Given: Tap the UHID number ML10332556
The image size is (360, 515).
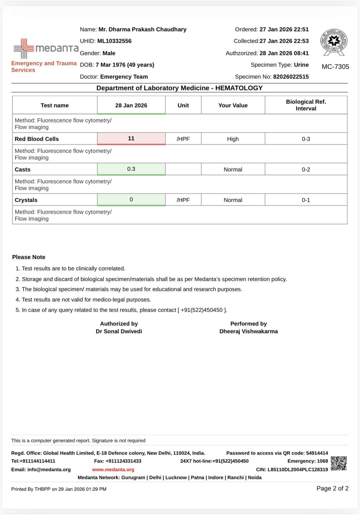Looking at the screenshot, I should [x=114, y=41].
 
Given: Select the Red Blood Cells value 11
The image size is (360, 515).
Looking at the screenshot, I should [x=131, y=139].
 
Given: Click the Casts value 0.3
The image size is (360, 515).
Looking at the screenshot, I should [x=131, y=169].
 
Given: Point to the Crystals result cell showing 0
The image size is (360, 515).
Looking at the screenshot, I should [x=131, y=200].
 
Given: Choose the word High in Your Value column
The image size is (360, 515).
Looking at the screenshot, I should [x=233, y=139].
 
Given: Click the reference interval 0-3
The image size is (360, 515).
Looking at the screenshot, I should [x=306, y=139].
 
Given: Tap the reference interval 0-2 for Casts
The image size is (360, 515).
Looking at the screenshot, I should [x=306, y=169].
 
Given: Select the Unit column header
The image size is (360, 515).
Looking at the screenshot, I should [x=183, y=105].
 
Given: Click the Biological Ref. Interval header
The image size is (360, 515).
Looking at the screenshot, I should [x=306, y=105].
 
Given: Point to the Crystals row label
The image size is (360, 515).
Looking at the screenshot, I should [x=26, y=200].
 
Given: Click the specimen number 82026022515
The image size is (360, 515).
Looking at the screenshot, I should [x=291, y=77].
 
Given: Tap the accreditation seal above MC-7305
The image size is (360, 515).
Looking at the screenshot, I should [x=334, y=42].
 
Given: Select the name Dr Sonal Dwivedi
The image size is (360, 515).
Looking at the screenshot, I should [x=119, y=331].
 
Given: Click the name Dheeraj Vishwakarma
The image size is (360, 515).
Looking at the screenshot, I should [x=249, y=331].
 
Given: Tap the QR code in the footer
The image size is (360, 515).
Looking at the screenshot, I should [x=339, y=463].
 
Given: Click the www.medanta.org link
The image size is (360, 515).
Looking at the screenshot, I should [x=113, y=470].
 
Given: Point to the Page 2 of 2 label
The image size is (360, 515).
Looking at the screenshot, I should [x=332, y=488].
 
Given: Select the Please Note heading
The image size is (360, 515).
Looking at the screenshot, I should [x=29, y=257].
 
